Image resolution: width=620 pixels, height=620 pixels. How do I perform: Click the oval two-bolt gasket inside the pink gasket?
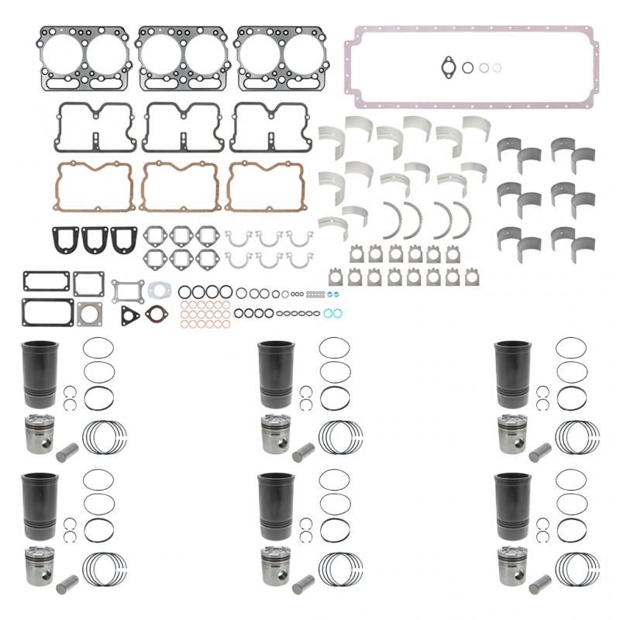(449, 67)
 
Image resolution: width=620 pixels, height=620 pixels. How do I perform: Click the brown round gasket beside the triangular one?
(157, 315)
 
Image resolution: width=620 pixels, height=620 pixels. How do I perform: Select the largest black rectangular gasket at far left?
(48, 312)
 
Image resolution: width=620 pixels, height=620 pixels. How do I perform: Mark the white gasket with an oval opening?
(160, 289)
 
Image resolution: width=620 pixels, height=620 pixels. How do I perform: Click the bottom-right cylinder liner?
(511, 504)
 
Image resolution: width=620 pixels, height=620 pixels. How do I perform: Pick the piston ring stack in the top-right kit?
(578, 438)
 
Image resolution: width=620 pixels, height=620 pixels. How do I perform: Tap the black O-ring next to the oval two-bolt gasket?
(468, 67)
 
